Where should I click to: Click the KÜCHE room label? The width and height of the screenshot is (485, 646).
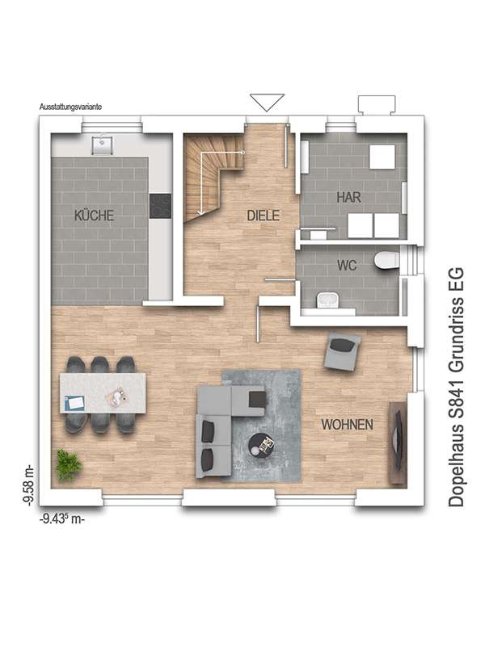(x=94, y=216)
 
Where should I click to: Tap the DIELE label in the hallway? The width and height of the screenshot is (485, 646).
(x=264, y=216)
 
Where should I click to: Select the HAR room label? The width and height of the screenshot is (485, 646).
(x=348, y=197)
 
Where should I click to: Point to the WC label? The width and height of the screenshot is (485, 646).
(x=347, y=266)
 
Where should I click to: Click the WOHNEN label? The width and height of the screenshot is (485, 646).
(x=348, y=425)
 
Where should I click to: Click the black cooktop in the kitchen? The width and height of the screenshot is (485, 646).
(x=160, y=206)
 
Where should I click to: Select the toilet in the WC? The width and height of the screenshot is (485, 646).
(x=386, y=260)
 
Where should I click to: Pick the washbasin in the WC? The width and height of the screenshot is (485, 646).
(x=328, y=300)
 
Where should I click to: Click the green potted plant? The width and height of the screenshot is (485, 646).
(x=69, y=465)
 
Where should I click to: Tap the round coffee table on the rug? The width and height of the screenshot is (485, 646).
(x=261, y=445)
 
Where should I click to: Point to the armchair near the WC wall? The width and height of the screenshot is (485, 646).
(x=342, y=350)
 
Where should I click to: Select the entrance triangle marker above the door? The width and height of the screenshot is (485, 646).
(x=267, y=103)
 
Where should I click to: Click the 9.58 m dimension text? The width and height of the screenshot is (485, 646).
(x=28, y=485)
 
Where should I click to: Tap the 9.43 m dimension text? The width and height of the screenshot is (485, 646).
(x=62, y=519)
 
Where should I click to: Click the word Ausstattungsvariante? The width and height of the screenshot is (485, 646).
(x=70, y=107)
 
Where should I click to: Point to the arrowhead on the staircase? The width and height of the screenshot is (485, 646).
(x=201, y=212)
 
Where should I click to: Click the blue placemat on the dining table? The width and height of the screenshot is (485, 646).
(x=75, y=402)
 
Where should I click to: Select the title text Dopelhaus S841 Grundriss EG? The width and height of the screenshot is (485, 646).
(x=456, y=387)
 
